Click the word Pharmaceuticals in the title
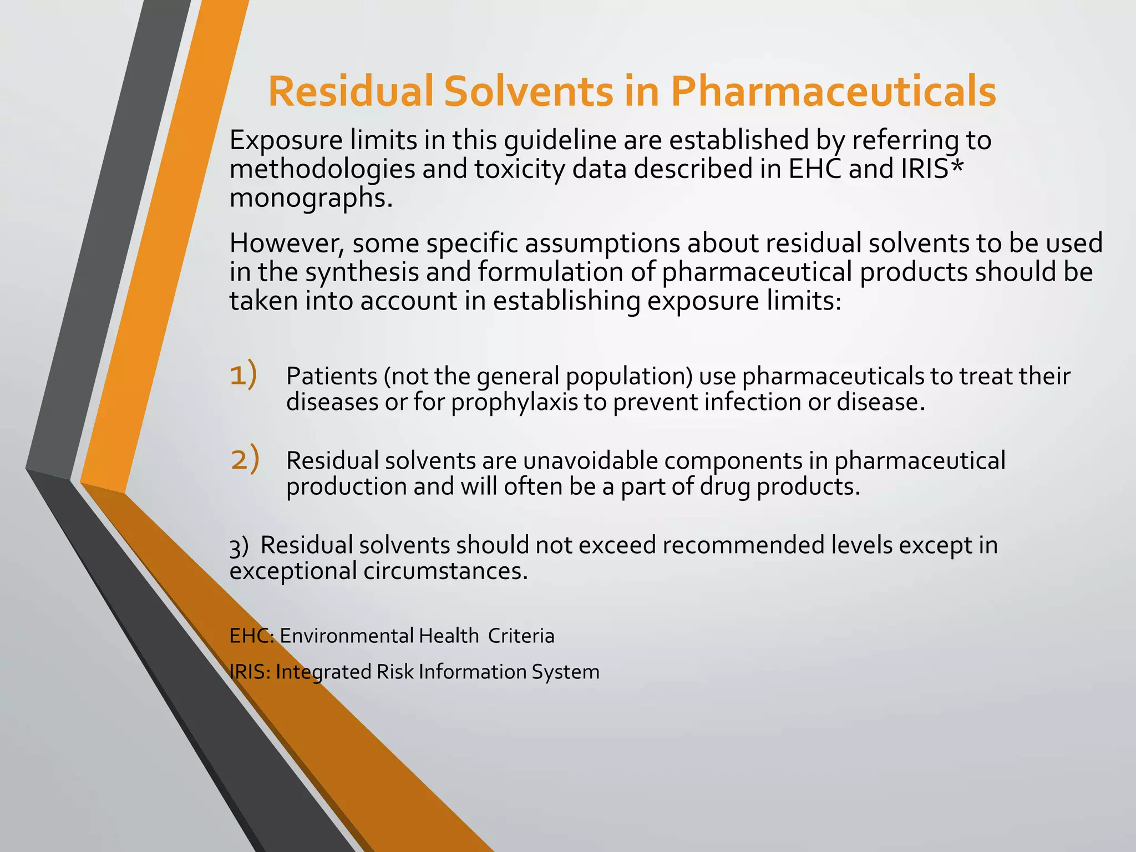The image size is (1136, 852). coord(833,92)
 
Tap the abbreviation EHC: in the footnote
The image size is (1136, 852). coord(251,636)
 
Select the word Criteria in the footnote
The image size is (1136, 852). coord(521,636)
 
